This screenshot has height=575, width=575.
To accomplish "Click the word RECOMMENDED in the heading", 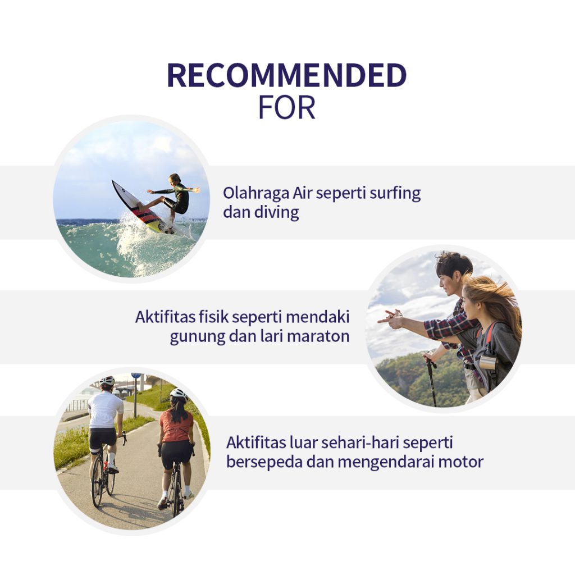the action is coord(287,75).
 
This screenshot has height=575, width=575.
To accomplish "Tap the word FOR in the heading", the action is coord(287,108).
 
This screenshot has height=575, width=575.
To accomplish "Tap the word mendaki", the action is coord(317,317).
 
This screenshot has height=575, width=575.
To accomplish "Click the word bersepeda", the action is coord(264,462).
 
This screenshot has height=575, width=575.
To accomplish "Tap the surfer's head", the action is coord(175,179).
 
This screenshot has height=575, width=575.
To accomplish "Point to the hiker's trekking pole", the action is coord(432,381).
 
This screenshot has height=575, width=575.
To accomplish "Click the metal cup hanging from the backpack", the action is coord(488,361).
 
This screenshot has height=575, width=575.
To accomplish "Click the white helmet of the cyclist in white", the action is coord(107,381).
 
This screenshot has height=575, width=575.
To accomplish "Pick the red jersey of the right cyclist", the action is coord(176,426).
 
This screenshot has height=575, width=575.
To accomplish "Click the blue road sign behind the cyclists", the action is coord(136,376).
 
